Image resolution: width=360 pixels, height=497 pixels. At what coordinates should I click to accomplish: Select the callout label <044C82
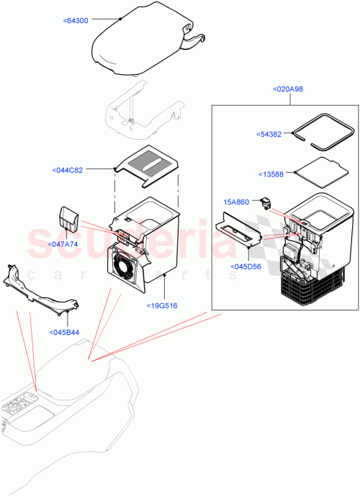(x=68, y=170)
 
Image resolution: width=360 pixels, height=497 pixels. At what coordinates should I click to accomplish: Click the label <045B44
(x=65, y=332)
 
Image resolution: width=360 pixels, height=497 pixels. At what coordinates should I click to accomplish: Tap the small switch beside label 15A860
(x=269, y=203)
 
